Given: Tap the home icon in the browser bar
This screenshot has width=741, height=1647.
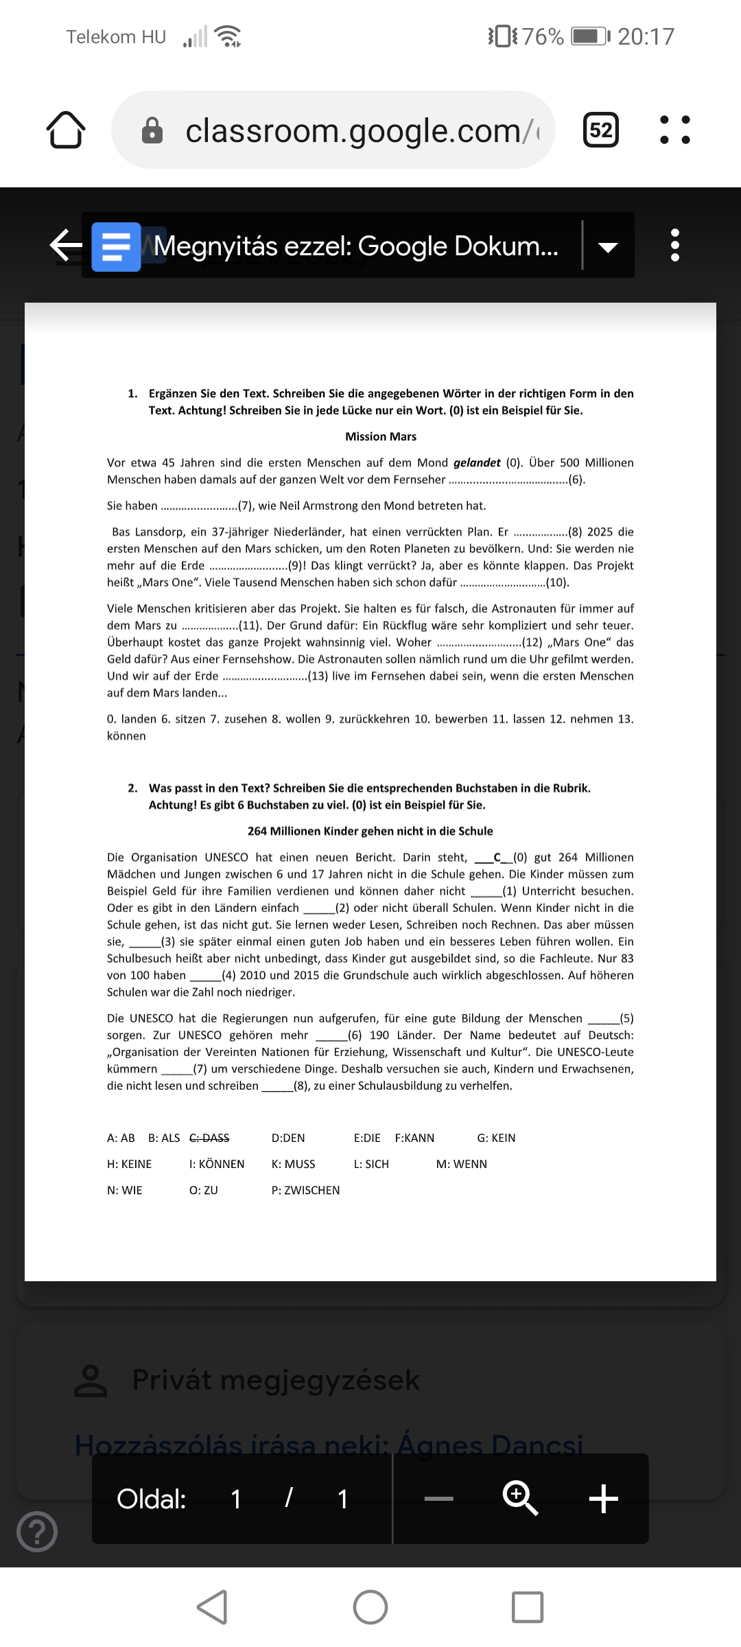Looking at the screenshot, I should [x=66, y=130].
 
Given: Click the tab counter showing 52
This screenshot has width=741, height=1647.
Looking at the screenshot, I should [x=600, y=130].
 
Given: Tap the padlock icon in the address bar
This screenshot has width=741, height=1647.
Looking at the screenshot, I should [x=152, y=130].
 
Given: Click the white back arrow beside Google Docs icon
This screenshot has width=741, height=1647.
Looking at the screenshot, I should [x=66, y=246].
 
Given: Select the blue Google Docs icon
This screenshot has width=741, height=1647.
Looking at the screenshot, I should [x=116, y=246].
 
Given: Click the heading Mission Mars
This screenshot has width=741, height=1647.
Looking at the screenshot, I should [x=381, y=436].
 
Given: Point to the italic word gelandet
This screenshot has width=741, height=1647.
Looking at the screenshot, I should [x=477, y=463].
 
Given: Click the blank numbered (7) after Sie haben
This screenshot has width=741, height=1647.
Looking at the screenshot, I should [x=199, y=506].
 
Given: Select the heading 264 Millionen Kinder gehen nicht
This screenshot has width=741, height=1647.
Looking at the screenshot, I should [x=370, y=831].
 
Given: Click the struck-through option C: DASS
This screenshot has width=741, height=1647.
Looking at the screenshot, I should [x=209, y=1138].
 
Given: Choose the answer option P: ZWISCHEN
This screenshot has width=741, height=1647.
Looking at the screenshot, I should [x=305, y=1190].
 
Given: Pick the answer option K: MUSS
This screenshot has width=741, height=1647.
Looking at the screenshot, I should [x=293, y=1164].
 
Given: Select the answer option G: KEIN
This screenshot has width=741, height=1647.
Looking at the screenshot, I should [x=496, y=1138].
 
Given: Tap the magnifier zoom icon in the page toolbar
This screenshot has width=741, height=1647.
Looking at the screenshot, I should [x=520, y=1498].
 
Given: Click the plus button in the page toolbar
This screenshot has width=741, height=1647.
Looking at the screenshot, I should [x=604, y=1498].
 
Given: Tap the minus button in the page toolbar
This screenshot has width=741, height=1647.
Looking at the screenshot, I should [x=439, y=1499].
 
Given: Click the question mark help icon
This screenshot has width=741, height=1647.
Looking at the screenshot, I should [x=37, y=1531].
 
